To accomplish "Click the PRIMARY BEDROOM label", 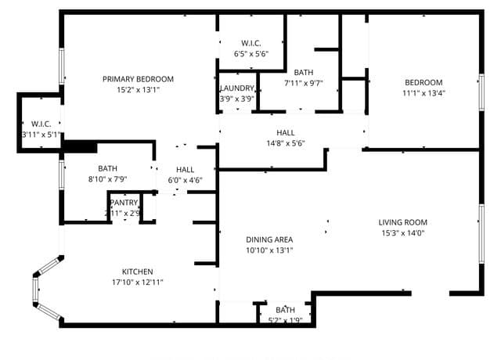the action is pos(138,79).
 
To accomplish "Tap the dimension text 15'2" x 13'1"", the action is pos(138,90).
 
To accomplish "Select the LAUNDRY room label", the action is pos(237,88).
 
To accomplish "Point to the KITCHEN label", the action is pos(138,272).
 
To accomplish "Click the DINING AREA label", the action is pos(269,239).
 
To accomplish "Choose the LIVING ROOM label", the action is pos(403,222).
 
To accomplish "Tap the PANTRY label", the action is pos(124,203).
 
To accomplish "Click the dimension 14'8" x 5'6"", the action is pos(286,143).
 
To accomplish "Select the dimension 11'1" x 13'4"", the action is pos(424,93).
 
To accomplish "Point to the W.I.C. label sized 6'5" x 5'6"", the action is pos(251,43).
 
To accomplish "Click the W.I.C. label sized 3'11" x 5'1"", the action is pos(41,124).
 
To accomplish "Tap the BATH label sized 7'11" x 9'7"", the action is pos(304,73).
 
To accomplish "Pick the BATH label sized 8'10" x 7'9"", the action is pos(108,168).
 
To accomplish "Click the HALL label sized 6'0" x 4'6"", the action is pos(186,170).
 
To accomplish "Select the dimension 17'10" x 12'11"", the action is pos(138,283).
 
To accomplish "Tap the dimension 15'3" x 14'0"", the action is pos(403,233).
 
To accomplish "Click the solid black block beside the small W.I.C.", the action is pos(81,147).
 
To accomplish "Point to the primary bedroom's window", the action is pos(62,66).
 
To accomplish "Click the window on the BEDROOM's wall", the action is pos(481,92).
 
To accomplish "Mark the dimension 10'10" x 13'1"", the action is pos(269,250).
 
